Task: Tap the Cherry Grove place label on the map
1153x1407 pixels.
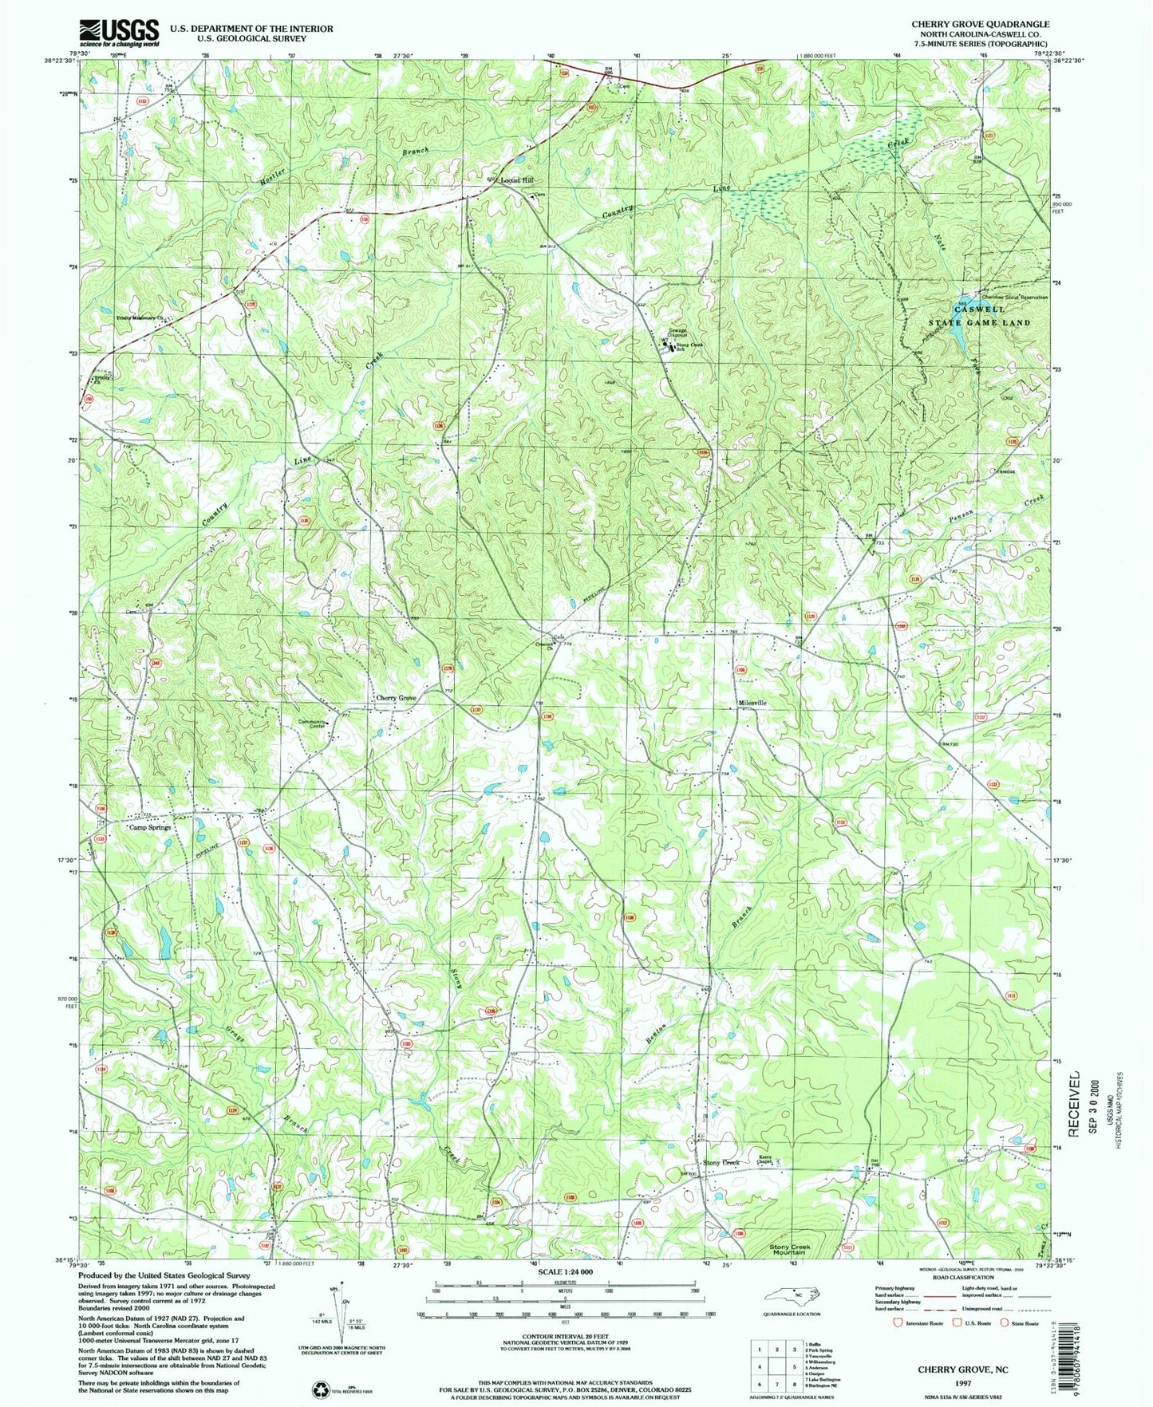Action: point(396,698)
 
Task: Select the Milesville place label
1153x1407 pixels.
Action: point(752,703)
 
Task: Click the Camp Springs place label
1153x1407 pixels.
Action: point(151,828)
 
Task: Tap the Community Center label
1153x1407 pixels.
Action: point(313,723)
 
